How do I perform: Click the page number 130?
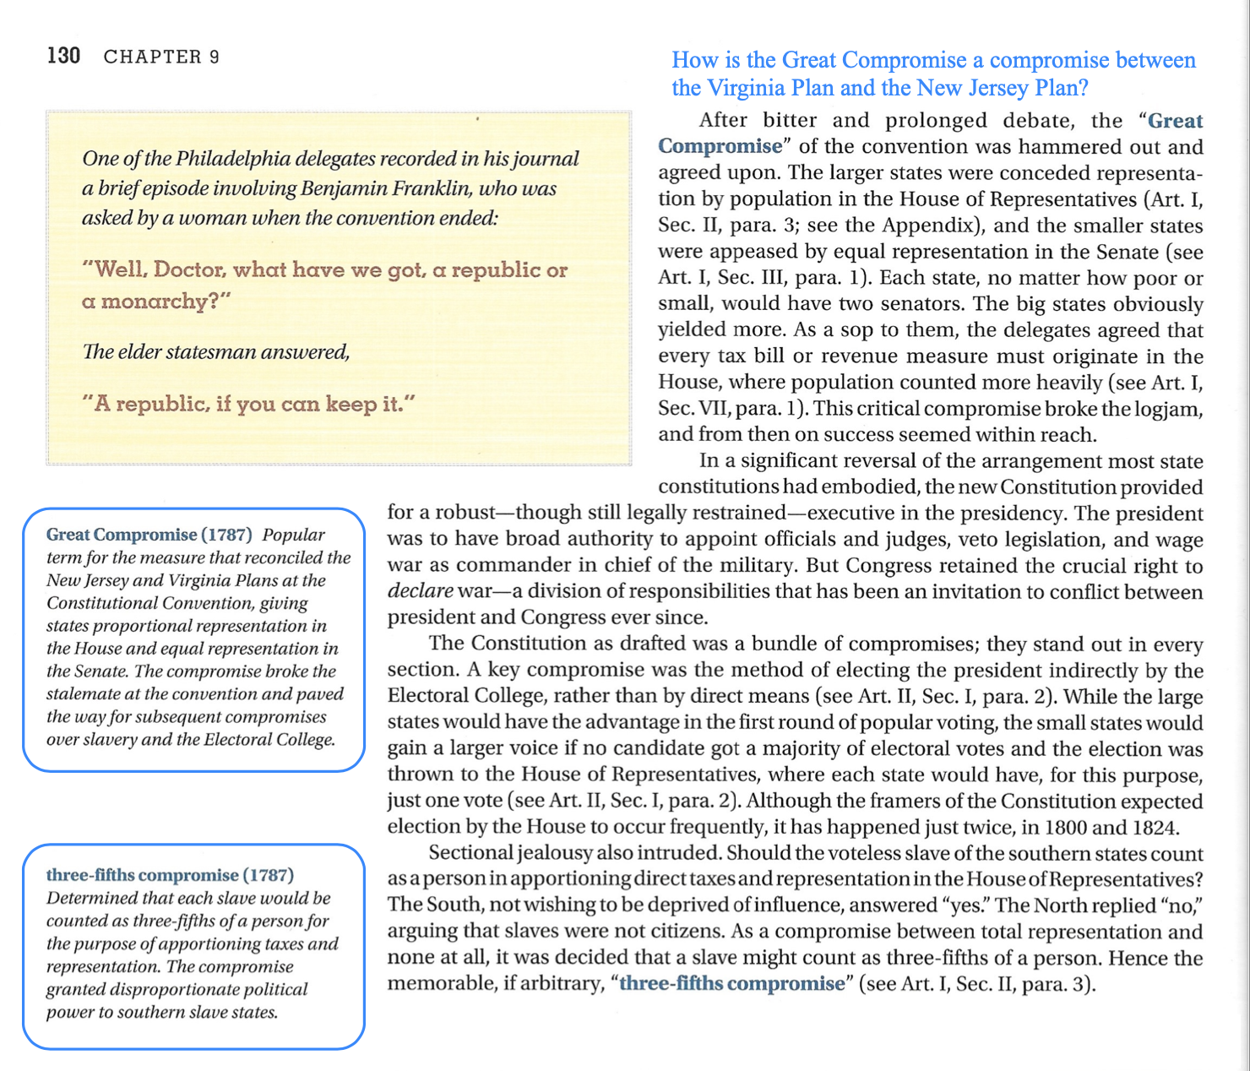[x=63, y=56]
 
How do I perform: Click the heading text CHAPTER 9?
[x=161, y=57]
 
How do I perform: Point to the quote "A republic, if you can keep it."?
[x=249, y=404]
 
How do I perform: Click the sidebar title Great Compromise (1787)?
[x=149, y=535]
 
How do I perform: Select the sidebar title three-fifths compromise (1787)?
[x=170, y=875]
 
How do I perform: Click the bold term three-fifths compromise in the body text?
[x=731, y=984]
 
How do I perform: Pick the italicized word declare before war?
[x=420, y=591]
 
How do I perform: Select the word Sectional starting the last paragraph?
[x=470, y=853]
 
